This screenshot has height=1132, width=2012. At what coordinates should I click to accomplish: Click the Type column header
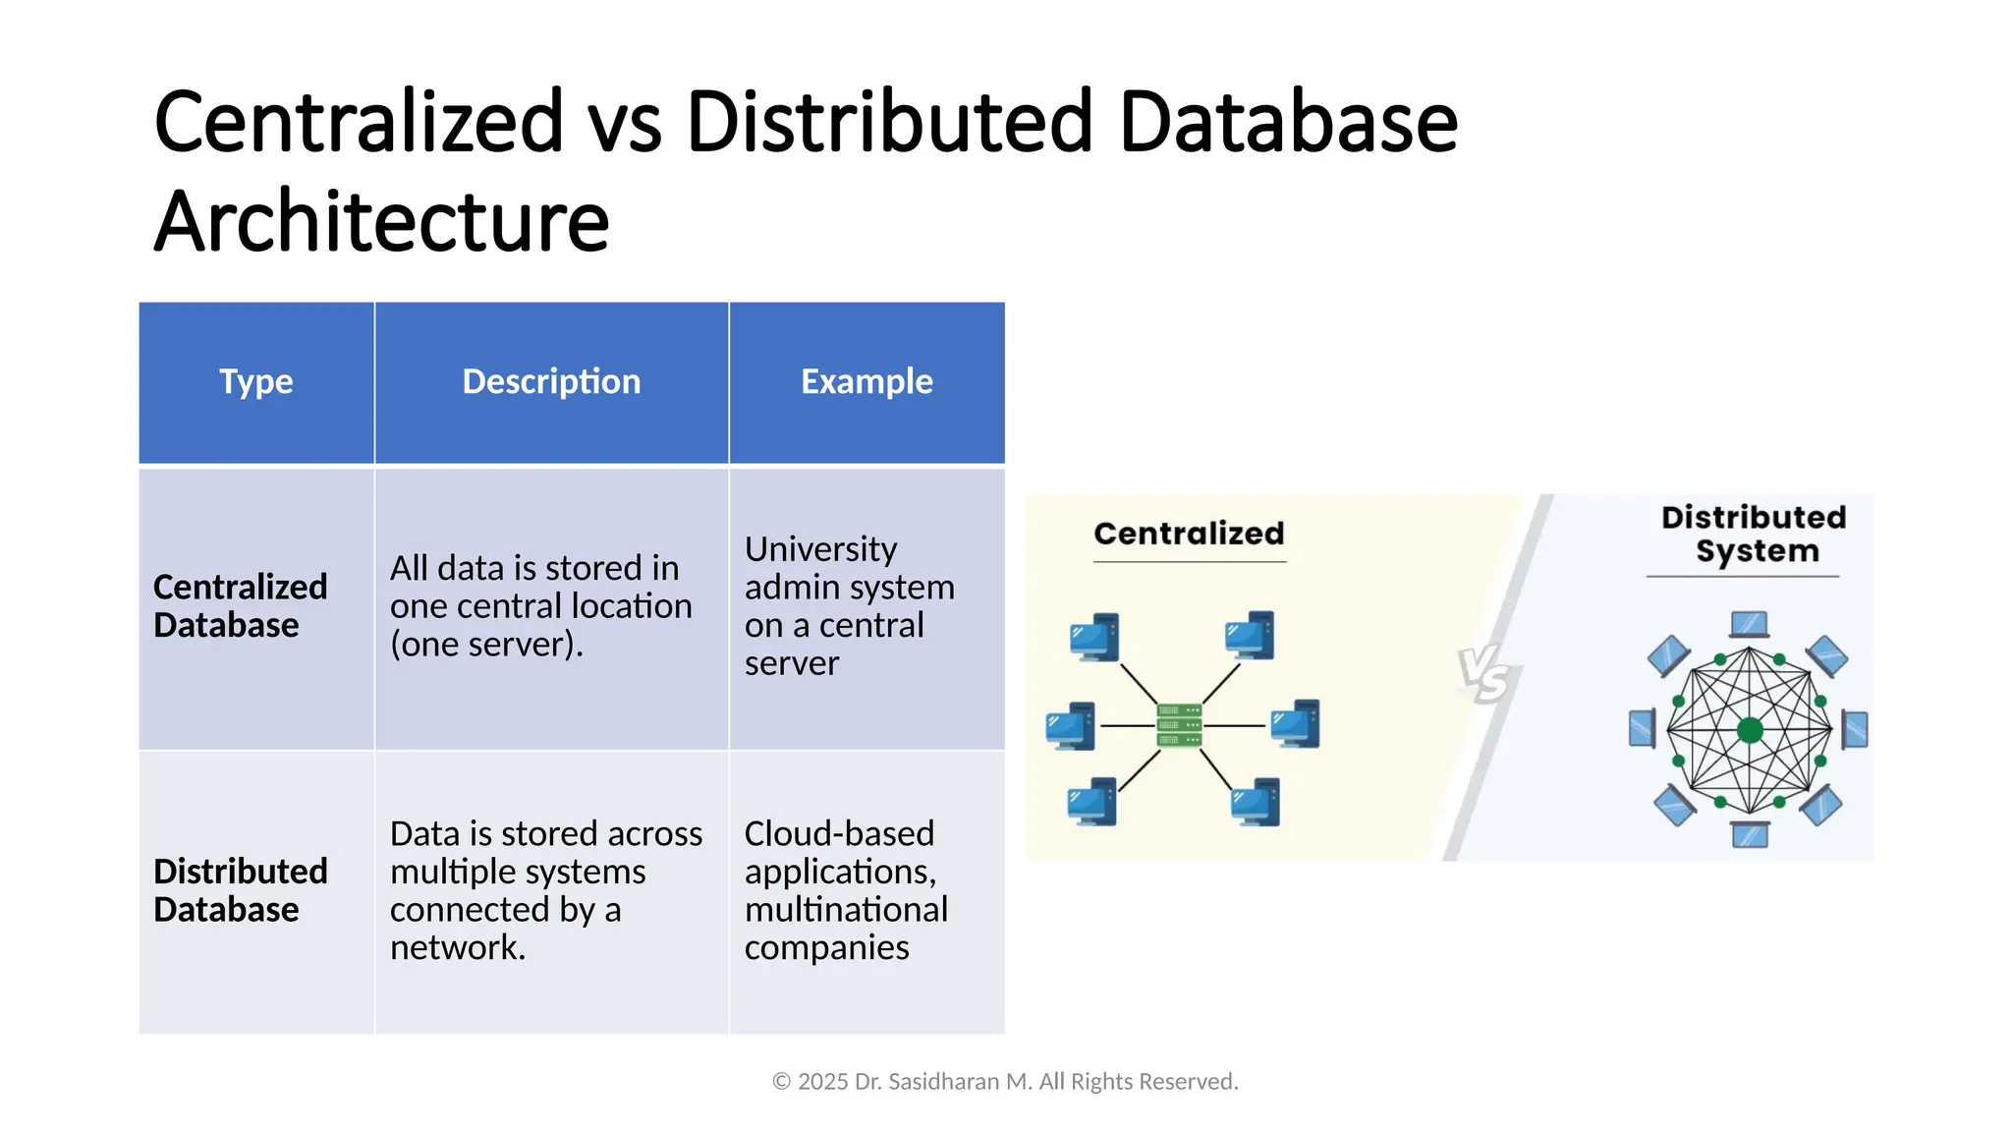pos(255,381)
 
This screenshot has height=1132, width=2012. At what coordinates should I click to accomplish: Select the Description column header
pos(551,381)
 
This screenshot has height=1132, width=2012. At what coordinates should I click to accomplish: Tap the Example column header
pos(866,381)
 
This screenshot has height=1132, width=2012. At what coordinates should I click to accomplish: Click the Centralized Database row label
pos(241,605)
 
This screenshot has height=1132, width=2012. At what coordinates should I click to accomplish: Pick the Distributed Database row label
pos(241,890)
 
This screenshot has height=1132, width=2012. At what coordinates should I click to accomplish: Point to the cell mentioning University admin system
pos(849,605)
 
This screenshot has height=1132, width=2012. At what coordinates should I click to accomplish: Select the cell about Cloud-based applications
pos(845,890)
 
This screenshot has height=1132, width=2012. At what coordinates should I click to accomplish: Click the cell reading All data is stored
pos(540,605)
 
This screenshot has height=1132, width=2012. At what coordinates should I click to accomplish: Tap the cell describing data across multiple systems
pos(545,890)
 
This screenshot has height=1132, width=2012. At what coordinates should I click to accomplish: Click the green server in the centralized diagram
pos(1179,726)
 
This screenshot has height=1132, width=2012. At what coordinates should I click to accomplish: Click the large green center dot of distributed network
pos(1750,730)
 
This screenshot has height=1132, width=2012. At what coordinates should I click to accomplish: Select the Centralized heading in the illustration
pos(1189,534)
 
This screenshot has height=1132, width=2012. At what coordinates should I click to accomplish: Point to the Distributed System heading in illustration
pos(1755,534)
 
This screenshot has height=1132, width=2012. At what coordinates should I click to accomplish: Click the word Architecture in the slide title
pos(381,221)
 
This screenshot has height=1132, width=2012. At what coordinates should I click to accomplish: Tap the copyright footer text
pos(1005,1082)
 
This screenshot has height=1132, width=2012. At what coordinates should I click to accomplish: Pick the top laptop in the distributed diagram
pos(1750,625)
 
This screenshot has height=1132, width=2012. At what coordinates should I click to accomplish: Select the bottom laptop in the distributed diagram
pos(1750,835)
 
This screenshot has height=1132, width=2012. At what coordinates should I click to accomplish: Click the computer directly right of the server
pos(1296,724)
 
